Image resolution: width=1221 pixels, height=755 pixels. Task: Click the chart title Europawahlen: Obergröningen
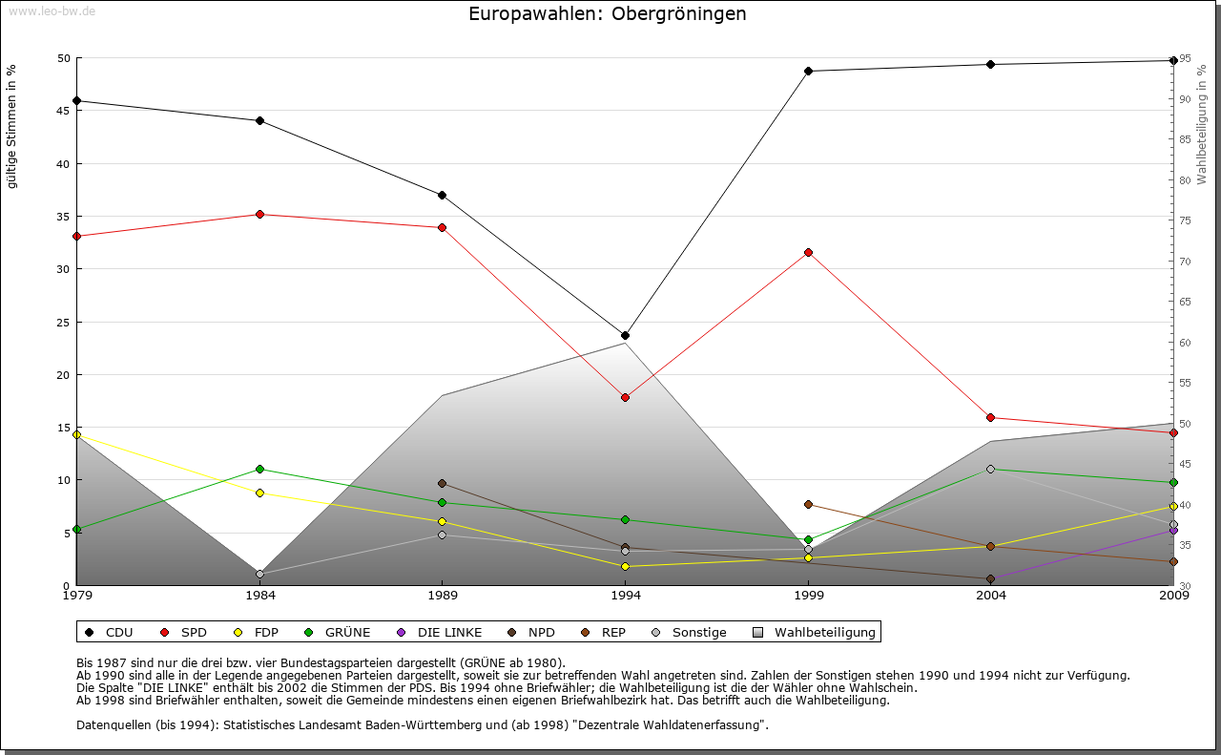[x=608, y=14]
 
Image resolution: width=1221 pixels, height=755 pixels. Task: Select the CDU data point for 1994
[x=625, y=335]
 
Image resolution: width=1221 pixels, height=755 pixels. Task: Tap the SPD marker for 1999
[x=808, y=252]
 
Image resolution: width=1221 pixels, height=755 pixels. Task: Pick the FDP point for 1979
[x=76, y=434]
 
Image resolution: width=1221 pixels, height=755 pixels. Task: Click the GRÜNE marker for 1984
[x=259, y=469]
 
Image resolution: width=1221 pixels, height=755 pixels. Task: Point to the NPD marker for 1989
[x=442, y=483]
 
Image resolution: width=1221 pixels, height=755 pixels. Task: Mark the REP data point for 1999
[x=808, y=504]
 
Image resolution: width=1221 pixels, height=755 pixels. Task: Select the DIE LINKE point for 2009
[x=1173, y=530]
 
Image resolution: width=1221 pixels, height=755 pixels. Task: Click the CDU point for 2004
[x=990, y=64]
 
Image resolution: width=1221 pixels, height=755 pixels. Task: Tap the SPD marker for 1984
[x=259, y=214]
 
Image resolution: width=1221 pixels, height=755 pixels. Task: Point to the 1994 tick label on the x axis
[x=625, y=596]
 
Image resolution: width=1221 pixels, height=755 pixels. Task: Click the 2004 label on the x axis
[x=990, y=596]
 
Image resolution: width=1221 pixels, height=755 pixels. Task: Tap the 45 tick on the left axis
[x=64, y=111]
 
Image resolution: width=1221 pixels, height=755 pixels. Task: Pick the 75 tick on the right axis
[x=1184, y=220]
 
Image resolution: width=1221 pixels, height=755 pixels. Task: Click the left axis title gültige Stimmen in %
[x=12, y=126]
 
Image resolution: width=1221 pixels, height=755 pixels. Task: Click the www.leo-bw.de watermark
[x=52, y=10]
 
